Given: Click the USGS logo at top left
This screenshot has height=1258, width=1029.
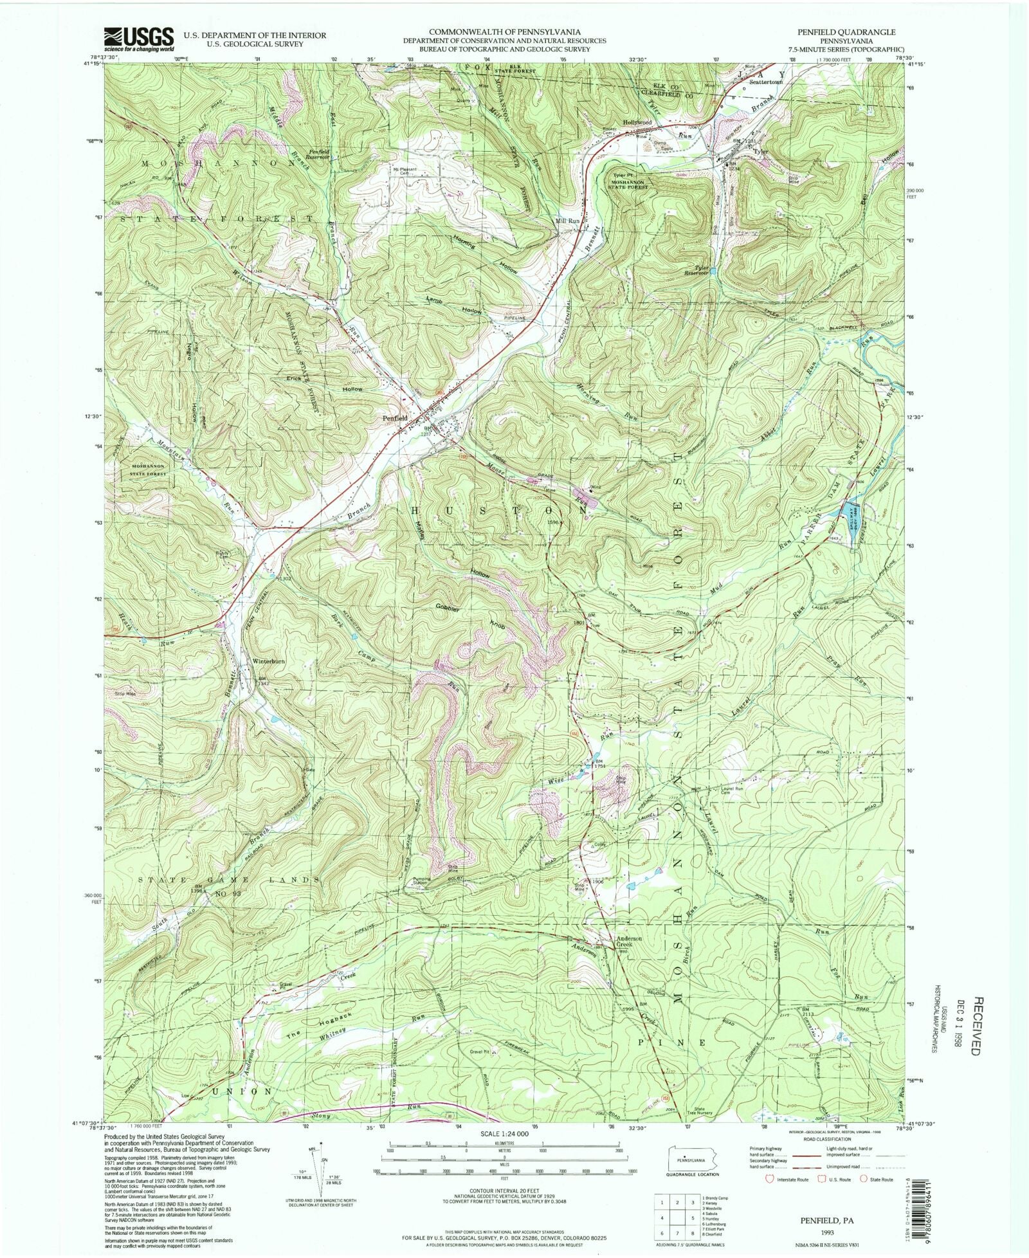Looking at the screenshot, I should tap(139, 39).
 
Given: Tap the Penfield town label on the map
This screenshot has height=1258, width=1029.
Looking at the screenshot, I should tap(395, 418).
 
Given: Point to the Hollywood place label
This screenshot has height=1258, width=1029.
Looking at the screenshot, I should tap(637, 122).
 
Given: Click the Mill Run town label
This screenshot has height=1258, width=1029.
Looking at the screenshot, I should tap(568, 220).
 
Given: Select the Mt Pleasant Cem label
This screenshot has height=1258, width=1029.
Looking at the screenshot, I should tap(405, 171).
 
